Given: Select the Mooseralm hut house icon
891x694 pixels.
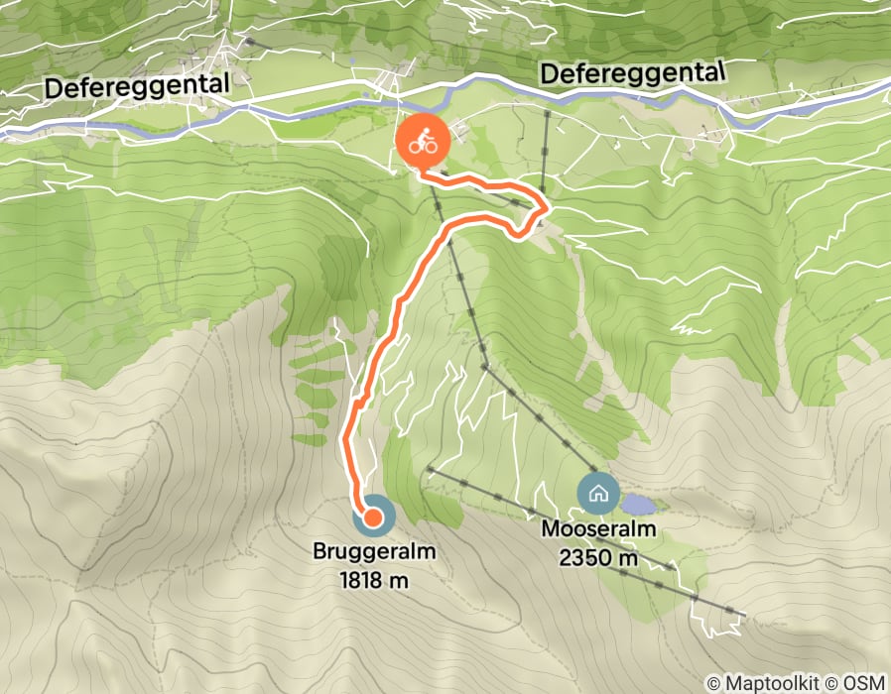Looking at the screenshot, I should point(598,492).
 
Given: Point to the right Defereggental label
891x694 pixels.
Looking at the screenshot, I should point(632,73).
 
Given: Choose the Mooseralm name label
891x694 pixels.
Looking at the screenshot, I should point(599,529).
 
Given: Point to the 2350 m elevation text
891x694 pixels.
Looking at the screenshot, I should point(599,558).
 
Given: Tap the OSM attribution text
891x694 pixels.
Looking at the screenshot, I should point(862,682).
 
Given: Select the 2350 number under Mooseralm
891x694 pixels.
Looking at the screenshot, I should point(583,558).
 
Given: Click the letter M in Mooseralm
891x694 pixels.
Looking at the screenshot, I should point(550,529).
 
